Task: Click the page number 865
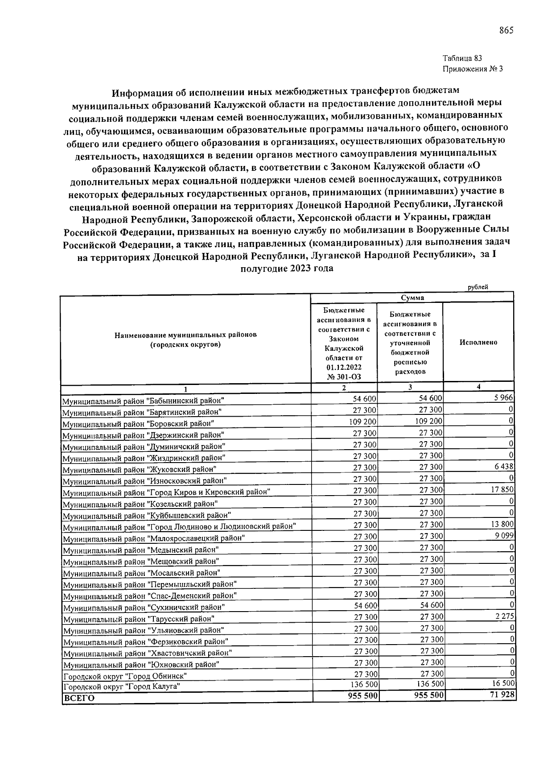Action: (506, 30)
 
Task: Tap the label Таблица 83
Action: (462, 58)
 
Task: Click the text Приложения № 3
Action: (472, 69)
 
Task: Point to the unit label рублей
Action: (478, 287)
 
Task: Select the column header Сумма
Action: (412, 298)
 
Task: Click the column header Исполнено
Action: (478, 342)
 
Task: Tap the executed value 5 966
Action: (504, 398)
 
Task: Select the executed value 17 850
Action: (502, 490)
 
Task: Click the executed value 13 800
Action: (502, 524)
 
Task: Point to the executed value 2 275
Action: (505, 616)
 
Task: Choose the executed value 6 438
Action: (504, 467)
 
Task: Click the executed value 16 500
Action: (503, 683)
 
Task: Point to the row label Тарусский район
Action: (139, 619)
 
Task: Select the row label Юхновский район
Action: (141, 665)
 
